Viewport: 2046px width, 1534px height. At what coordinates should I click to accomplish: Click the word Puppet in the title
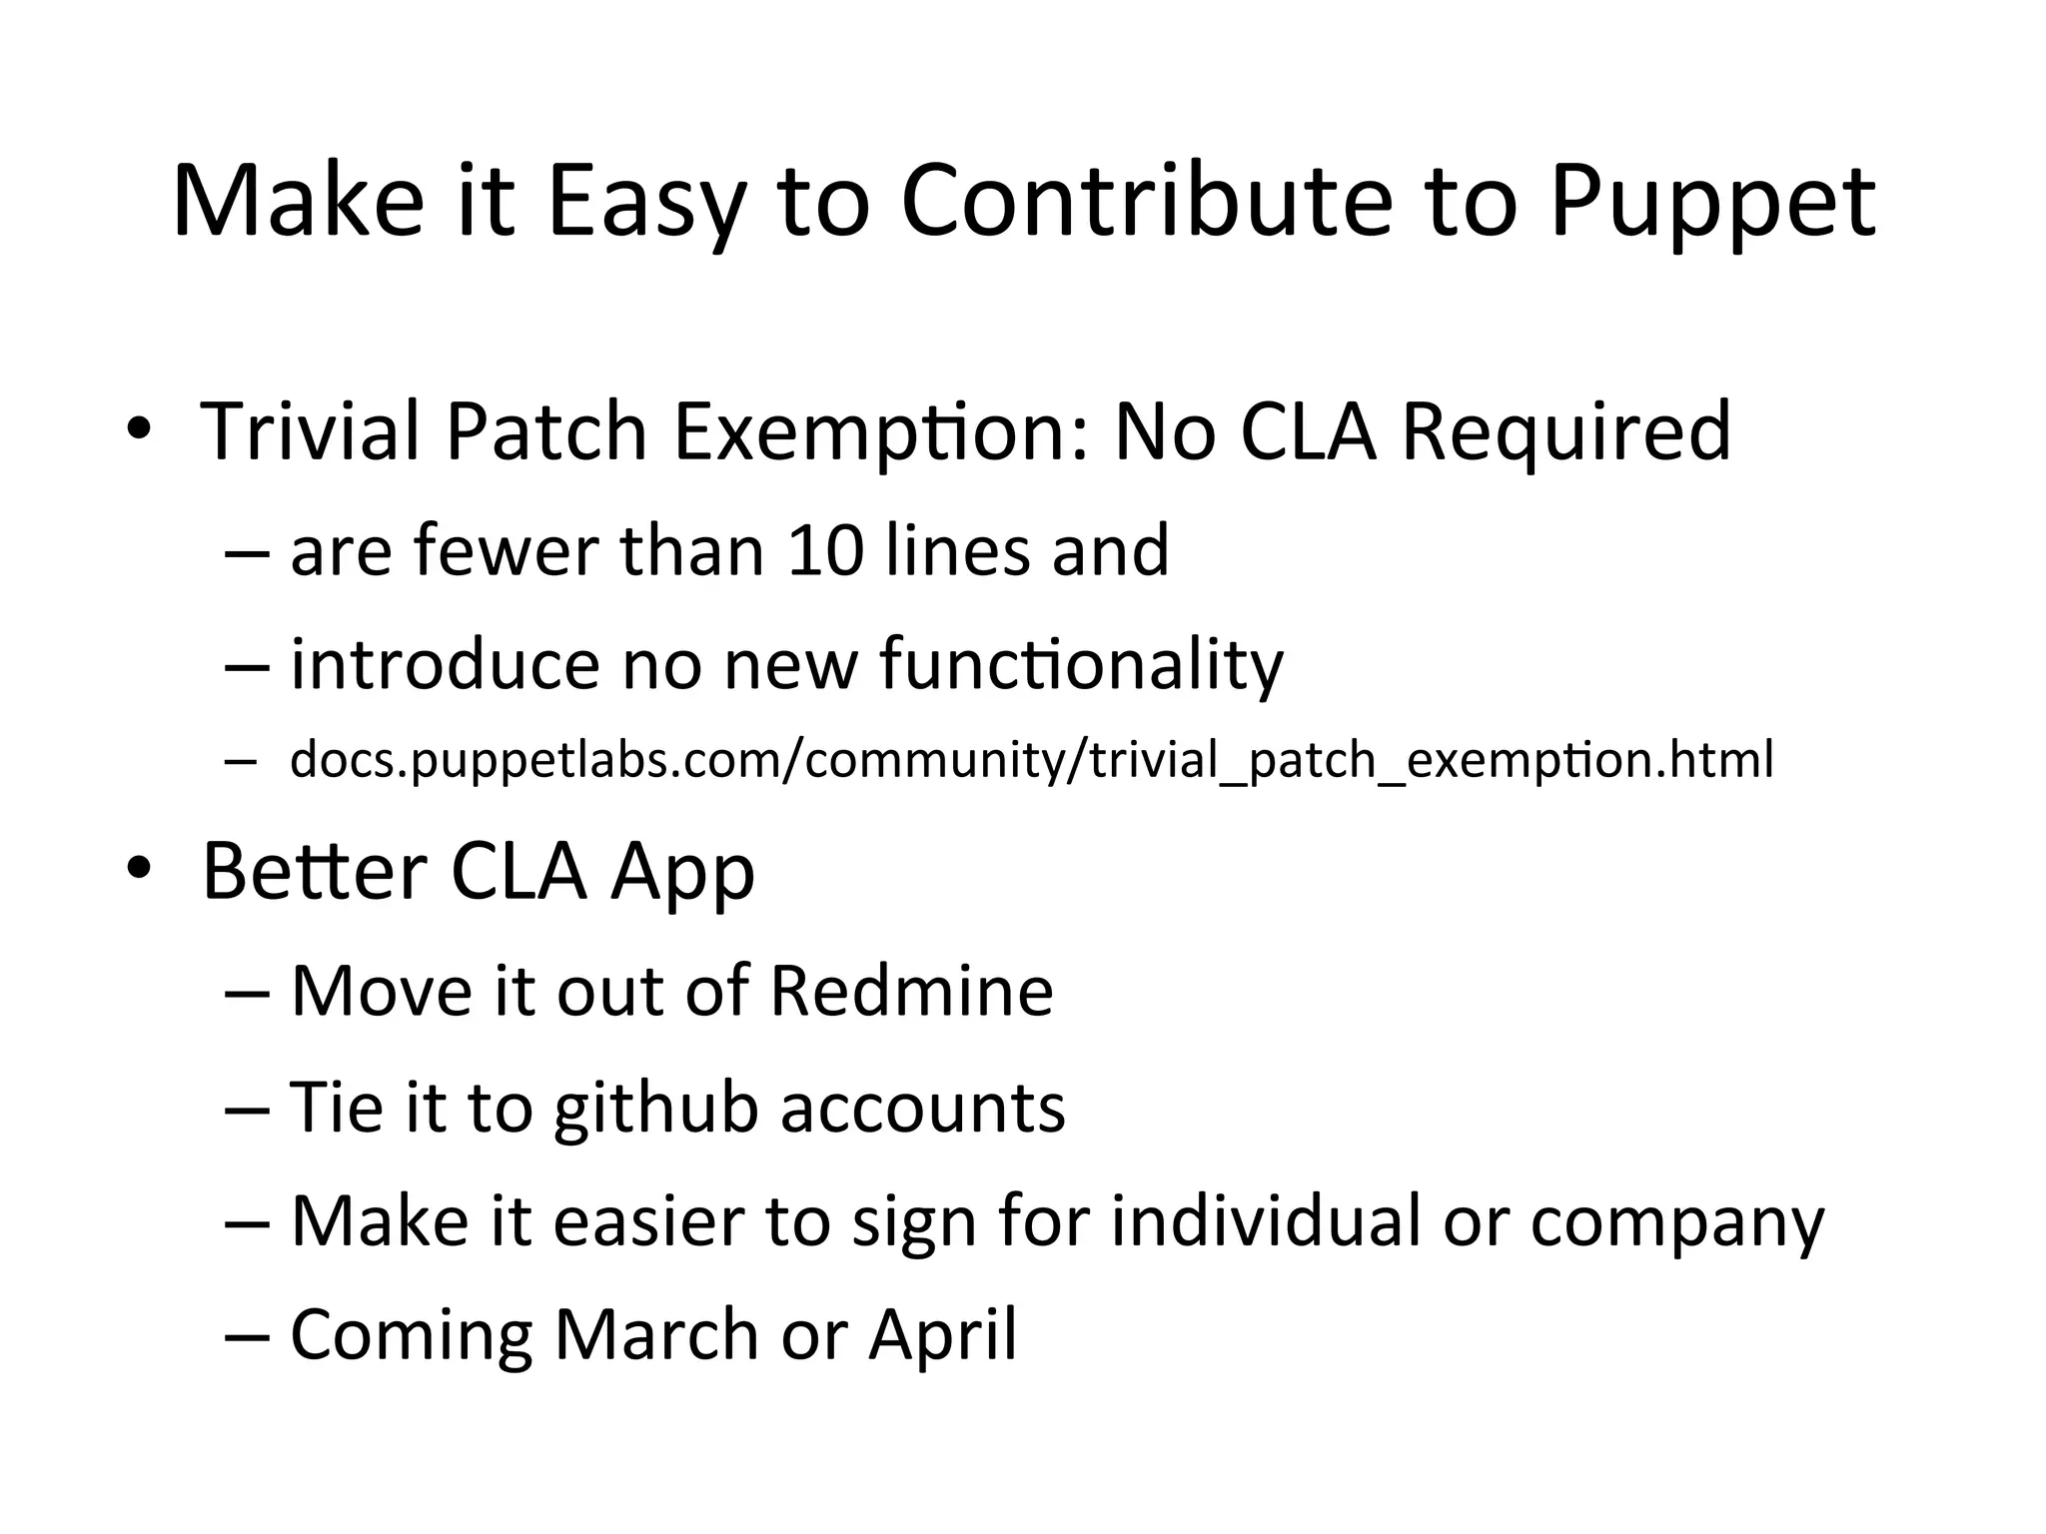pos(1712,205)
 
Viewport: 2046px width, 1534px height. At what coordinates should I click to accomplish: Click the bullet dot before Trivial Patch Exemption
pos(139,430)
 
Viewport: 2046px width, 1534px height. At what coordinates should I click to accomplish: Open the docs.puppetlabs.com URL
pos(1031,760)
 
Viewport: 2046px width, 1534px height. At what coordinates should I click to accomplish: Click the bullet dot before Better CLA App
pos(139,870)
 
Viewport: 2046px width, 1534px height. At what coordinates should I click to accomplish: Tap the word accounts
pos(922,1109)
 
